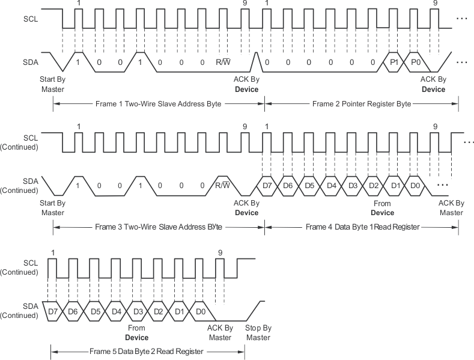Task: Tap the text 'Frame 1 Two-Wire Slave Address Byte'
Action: tap(159, 104)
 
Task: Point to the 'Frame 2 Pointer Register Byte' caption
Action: tap(362, 104)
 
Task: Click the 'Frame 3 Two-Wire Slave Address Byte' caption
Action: tap(159, 227)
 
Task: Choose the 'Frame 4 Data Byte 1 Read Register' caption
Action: tap(362, 227)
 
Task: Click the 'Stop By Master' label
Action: tap(258, 332)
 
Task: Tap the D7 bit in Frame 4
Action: tap(268, 185)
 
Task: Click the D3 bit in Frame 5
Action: tap(138, 311)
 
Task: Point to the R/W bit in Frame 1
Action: tap(223, 62)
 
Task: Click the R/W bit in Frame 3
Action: tap(223, 185)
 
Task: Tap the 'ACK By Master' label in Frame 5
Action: tap(219, 332)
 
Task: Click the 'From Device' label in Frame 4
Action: tap(382, 208)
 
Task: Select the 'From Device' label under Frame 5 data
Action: tap(137, 332)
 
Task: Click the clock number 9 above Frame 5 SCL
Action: tap(220, 253)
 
